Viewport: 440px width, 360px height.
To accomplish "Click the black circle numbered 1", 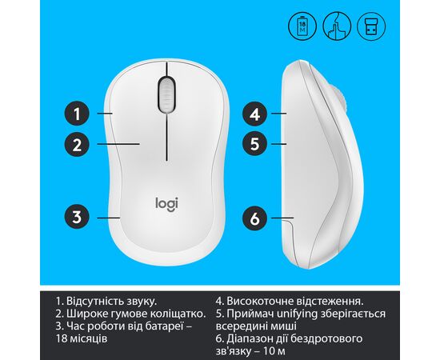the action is (77, 114).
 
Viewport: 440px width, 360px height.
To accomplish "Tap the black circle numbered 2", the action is (77, 145).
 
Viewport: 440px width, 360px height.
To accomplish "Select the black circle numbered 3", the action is (77, 218).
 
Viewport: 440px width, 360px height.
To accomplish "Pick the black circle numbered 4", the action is (254, 114).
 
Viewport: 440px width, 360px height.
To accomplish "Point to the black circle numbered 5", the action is (254, 144).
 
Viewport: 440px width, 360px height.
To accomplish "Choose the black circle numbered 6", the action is (254, 218).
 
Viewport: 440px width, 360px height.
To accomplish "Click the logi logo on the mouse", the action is (166, 204).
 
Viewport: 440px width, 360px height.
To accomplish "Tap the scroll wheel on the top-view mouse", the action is (166, 94).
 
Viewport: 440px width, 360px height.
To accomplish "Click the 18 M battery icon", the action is (302, 26).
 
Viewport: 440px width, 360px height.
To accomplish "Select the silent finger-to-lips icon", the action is (337, 26).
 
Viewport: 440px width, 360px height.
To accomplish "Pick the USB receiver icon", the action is (371, 26).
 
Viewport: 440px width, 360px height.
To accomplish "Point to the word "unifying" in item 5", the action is (298, 314).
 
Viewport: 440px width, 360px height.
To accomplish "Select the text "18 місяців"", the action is (82, 338).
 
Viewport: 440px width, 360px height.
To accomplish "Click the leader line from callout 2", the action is (118, 144).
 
